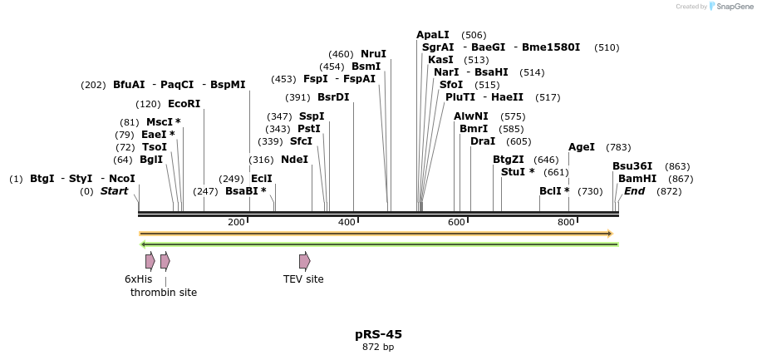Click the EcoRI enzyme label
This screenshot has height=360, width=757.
point(184,104)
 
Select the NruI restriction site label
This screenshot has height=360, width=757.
point(373,54)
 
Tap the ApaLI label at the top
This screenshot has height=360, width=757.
point(432,35)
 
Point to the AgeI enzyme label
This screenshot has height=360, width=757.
point(582,147)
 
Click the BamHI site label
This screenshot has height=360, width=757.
point(637,179)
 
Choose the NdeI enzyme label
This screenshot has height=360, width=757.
point(294,159)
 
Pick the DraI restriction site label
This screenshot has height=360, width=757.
point(483,141)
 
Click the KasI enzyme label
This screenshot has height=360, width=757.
point(440,60)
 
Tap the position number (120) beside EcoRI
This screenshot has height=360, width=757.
point(149,105)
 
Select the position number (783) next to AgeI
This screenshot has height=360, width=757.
point(618,148)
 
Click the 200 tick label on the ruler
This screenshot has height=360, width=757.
point(236,223)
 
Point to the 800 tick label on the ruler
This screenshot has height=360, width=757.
point(566,223)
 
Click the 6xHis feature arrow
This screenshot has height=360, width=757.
point(150,261)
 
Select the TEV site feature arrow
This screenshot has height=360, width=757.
point(304,261)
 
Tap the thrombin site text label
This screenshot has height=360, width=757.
point(164,293)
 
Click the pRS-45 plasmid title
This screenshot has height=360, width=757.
point(378,334)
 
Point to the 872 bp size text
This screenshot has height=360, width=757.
point(378,348)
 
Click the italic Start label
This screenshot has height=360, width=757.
point(115,191)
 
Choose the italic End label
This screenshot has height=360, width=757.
point(634,191)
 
